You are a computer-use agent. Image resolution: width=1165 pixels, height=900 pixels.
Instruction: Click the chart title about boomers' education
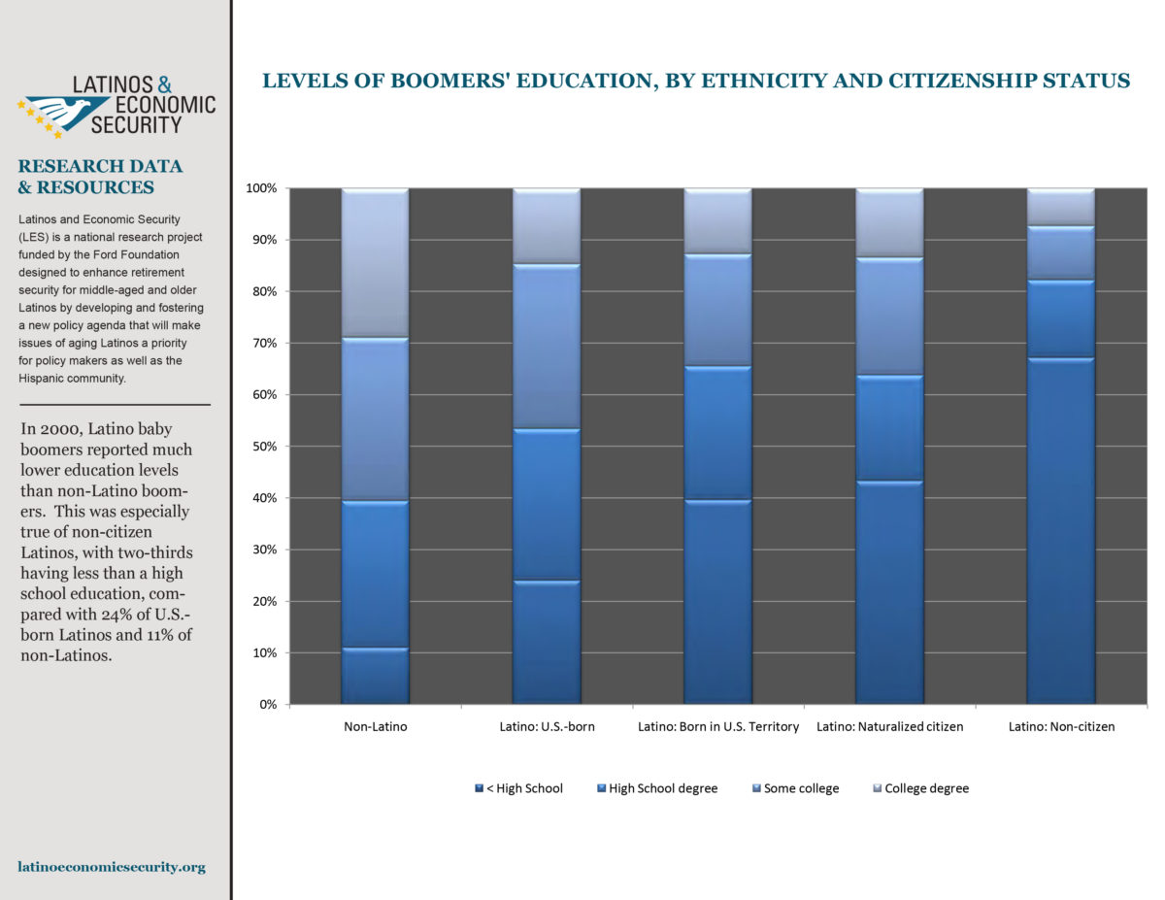pyautogui.click(x=695, y=81)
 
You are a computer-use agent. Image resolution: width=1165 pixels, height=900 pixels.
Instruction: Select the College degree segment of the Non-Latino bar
pyautogui.click(x=375, y=263)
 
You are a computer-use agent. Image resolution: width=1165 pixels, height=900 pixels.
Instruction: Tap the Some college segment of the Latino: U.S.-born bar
pyautogui.click(x=547, y=347)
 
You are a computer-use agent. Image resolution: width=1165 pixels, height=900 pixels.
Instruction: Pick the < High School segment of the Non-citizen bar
pyautogui.click(x=1060, y=531)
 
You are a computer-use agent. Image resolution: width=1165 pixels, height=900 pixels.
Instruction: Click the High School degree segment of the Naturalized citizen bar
pyautogui.click(x=889, y=428)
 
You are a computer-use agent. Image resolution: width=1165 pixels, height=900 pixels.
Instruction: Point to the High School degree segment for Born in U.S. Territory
pyautogui.click(x=717, y=433)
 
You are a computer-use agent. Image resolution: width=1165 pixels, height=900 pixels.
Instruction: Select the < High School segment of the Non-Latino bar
pyautogui.click(x=375, y=676)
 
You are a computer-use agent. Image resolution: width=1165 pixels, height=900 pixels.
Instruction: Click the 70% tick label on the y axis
pyautogui.click(x=265, y=343)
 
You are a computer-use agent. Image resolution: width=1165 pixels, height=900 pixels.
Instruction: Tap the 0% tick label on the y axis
pyautogui.click(x=268, y=704)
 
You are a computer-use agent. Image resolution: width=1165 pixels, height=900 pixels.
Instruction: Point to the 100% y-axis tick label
pyautogui.click(x=261, y=188)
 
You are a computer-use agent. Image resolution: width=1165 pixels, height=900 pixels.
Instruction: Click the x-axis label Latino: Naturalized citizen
pyautogui.click(x=889, y=727)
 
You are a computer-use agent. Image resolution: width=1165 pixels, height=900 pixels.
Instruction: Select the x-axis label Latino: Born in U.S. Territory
pyautogui.click(x=717, y=727)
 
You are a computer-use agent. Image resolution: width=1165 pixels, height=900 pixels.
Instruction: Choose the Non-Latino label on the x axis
pyautogui.click(x=376, y=727)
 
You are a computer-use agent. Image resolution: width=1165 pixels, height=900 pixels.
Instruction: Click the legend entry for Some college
pyautogui.click(x=796, y=788)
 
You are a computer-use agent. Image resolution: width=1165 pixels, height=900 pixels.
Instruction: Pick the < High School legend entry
pyautogui.click(x=518, y=788)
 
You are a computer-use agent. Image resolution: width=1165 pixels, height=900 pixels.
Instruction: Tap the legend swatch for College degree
pyautogui.click(x=877, y=788)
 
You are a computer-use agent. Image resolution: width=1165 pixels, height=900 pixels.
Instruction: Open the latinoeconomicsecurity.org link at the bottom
pyautogui.click(x=112, y=867)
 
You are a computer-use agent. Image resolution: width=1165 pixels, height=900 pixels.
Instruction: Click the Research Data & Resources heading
pyautogui.click(x=100, y=177)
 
